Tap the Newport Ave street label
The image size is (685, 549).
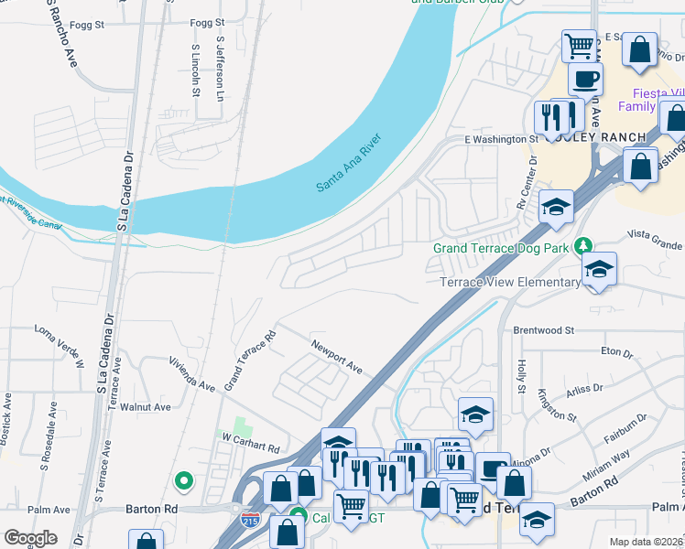[337, 356]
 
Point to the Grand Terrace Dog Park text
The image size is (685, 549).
[501, 248]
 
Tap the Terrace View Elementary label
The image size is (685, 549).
[510, 282]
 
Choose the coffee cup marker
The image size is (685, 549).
[585, 78]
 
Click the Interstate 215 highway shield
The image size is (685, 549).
[251, 520]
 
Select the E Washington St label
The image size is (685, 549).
[501, 139]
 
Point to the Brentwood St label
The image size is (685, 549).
[543, 329]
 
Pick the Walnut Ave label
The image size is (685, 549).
[149, 407]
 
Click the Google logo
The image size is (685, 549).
[30, 538]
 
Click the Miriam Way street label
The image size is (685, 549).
[608, 467]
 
